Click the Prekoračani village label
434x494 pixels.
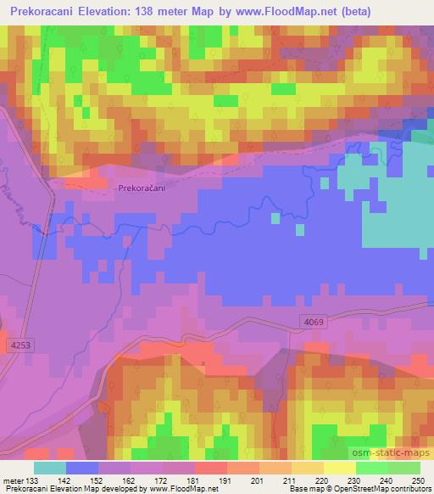click(142, 189)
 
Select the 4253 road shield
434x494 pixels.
click(19, 345)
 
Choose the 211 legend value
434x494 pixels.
click(290, 480)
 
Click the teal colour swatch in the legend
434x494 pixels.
click(50, 468)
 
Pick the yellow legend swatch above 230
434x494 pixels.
click(341, 468)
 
